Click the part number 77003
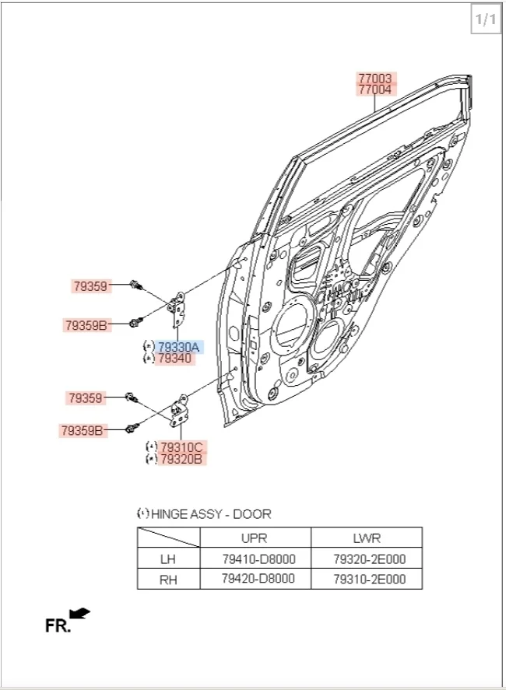375,79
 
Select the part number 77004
375,90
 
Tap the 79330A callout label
179,347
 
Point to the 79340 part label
174,359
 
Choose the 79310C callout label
181,447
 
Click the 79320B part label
181,459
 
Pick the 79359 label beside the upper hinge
90,286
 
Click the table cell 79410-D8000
258,559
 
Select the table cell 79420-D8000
258,579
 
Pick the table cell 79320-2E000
369,559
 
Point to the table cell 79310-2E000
369,579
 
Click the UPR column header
255,538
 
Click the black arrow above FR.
79,613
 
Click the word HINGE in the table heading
170,513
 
